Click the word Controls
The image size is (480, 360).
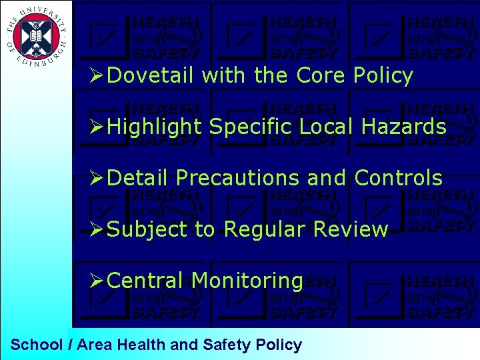click(398, 178)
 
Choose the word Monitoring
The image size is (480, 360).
click(247, 281)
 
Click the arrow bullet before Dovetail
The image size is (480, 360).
click(97, 76)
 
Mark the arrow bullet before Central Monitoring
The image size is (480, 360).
click(97, 281)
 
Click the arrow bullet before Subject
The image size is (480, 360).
click(97, 229)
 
